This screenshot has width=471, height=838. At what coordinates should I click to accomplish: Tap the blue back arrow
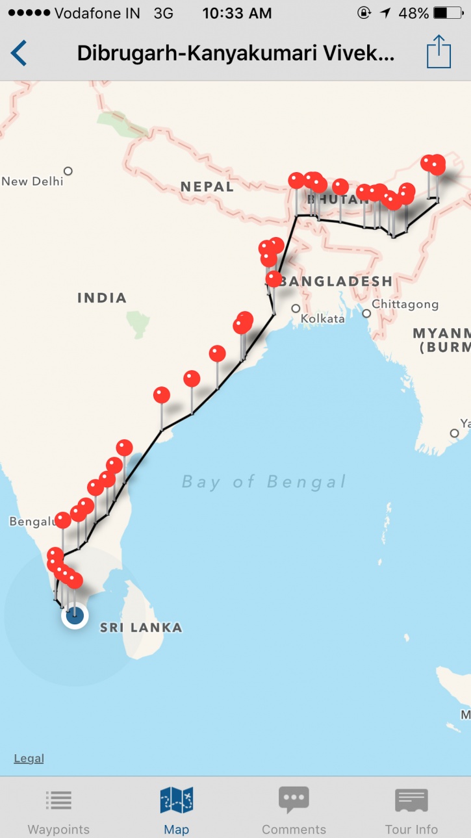19,53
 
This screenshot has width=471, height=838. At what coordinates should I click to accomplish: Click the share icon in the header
439,52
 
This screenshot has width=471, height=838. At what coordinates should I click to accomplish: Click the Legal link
29,758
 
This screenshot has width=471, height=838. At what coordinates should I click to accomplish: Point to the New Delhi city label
32,181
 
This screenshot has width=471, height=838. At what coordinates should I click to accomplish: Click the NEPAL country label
207,187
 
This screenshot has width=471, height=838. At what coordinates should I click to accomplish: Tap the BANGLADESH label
338,281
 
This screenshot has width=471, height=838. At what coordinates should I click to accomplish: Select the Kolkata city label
322,319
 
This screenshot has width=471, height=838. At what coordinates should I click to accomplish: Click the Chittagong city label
405,304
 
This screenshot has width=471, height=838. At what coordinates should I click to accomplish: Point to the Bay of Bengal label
264,481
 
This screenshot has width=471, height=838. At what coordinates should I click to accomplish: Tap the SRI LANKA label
140,628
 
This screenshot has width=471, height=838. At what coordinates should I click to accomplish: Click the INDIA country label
102,298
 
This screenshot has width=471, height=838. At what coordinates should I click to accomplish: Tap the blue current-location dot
75,616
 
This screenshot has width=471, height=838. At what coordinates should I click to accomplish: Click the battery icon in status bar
448,13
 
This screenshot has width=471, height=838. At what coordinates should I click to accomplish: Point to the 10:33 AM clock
236,13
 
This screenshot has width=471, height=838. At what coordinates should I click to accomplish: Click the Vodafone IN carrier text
97,13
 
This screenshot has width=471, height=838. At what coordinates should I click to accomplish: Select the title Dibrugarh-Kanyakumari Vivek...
235,53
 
